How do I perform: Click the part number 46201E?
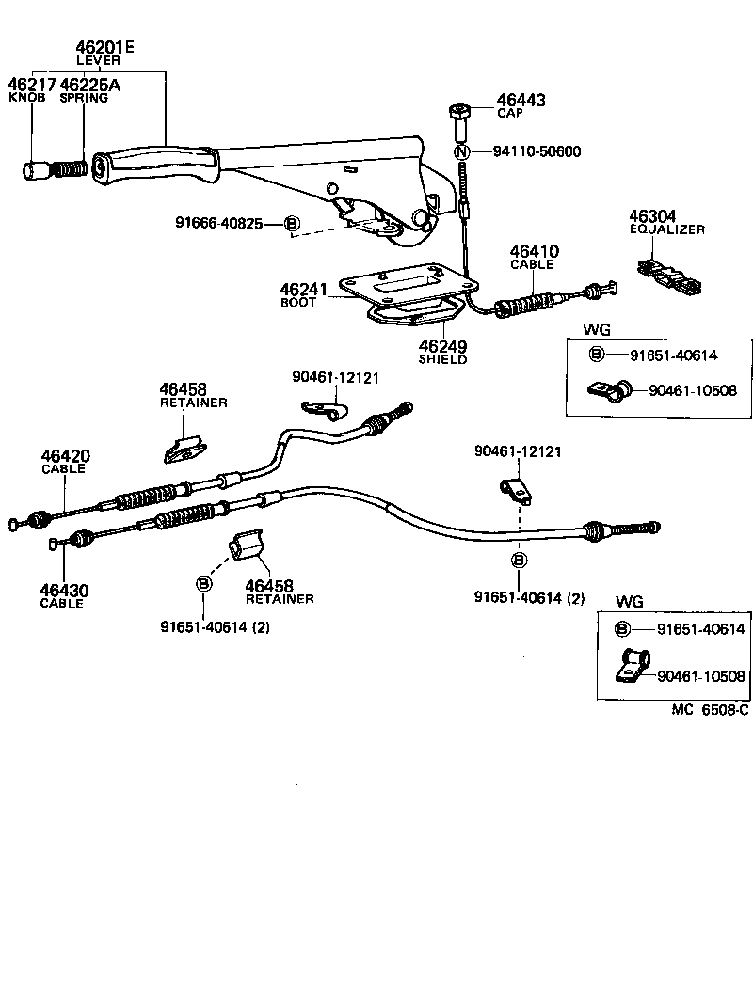click(x=104, y=46)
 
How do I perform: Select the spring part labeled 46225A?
click(x=70, y=170)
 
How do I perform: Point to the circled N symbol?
click(x=461, y=152)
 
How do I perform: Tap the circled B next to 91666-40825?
click(x=292, y=223)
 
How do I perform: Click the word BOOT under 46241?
click(x=298, y=303)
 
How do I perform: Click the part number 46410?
click(x=534, y=252)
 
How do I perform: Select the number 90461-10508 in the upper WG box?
click(x=692, y=389)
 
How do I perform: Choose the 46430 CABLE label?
click(x=61, y=595)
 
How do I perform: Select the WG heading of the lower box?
click(x=629, y=601)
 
